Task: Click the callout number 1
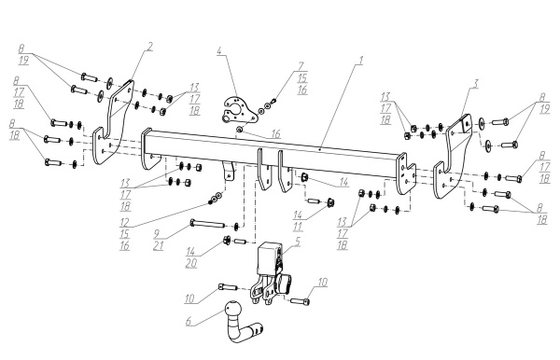tap(360, 61)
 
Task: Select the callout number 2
tap(150, 47)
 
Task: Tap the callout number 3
tap(476, 84)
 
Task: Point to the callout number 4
tap(219, 50)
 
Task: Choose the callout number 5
tap(298, 242)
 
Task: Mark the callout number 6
tap(189, 321)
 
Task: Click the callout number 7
tap(301, 66)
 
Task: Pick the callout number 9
tap(157, 234)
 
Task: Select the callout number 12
tap(124, 223)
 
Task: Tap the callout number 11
tap(298, 226)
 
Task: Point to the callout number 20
tap(191, 263)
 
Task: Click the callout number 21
tap(158, 245)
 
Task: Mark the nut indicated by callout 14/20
tap(226, 240)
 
